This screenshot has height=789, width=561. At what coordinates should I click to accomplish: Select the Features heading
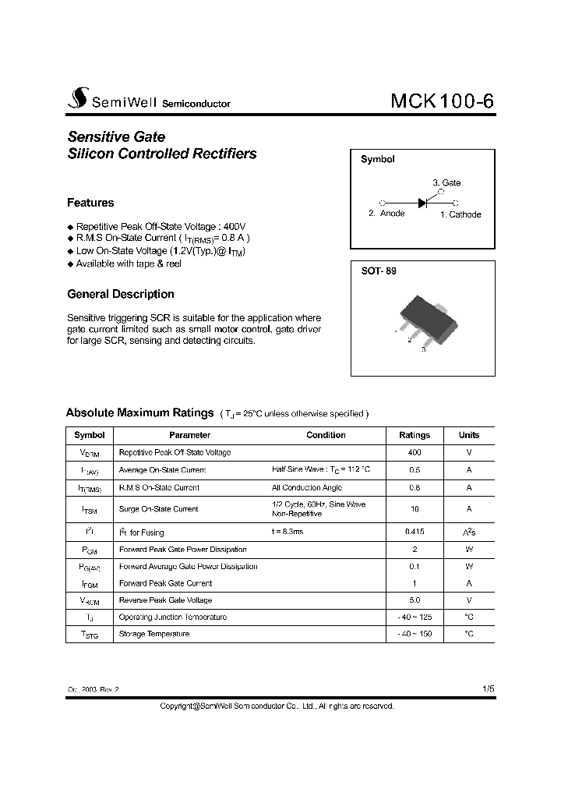coord(90,203)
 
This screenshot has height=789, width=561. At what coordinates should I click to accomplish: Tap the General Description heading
coord(121,294)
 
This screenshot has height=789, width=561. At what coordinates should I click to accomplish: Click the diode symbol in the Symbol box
coord(423,202)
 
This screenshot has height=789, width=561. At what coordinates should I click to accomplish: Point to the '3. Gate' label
coord(446,183)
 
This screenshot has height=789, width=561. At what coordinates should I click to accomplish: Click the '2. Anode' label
coord(386,214)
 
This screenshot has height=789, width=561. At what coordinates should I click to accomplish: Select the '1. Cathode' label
coord(460,214)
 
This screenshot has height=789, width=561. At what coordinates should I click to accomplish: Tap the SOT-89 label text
coord(379,271)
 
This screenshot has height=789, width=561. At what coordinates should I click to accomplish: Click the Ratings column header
coord(415,435)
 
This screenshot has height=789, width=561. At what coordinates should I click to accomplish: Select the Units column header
coord(469,435)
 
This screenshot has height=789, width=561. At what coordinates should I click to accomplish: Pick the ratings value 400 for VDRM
coord(415,452)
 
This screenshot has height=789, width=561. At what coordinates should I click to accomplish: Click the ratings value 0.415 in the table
coord(415,532)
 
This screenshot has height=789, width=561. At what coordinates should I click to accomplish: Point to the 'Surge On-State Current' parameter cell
coord(158,509)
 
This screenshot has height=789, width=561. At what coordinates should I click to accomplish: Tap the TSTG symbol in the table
coord(89,635)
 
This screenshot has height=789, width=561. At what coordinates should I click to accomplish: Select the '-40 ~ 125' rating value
coord(415,617)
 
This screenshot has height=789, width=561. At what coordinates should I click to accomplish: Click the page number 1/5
coord(488,689)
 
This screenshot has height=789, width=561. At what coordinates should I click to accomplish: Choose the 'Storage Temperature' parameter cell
coord(154,634)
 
